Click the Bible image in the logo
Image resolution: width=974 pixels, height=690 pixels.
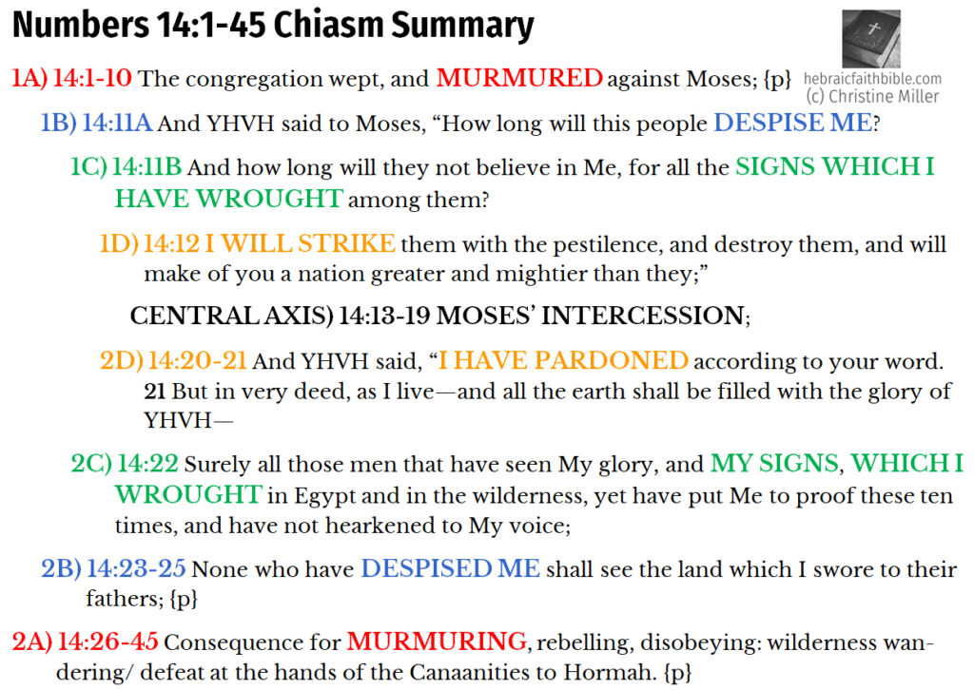coord(870,39)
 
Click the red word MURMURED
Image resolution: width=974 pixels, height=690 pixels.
coord(519,79)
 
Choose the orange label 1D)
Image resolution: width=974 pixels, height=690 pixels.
coord(118,244)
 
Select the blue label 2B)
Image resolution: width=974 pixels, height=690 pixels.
coord(60,569)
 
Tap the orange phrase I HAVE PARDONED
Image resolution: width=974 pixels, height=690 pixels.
coord(563,361)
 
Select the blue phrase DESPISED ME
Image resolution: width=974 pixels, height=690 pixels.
coord(450,569)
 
